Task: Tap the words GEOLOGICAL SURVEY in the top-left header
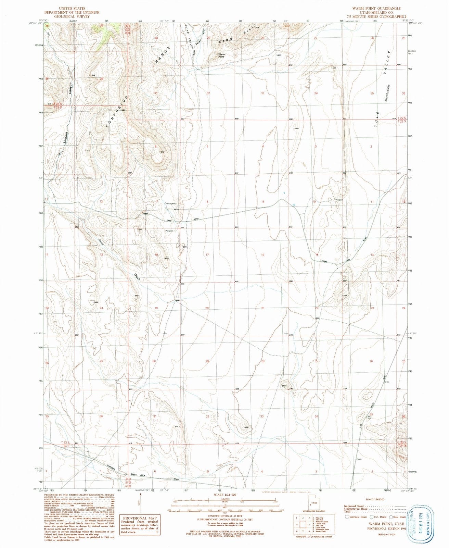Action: click(x=72, y=16)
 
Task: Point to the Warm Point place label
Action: click(x=224, y=56)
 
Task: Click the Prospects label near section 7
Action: click(x=171, y=203)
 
